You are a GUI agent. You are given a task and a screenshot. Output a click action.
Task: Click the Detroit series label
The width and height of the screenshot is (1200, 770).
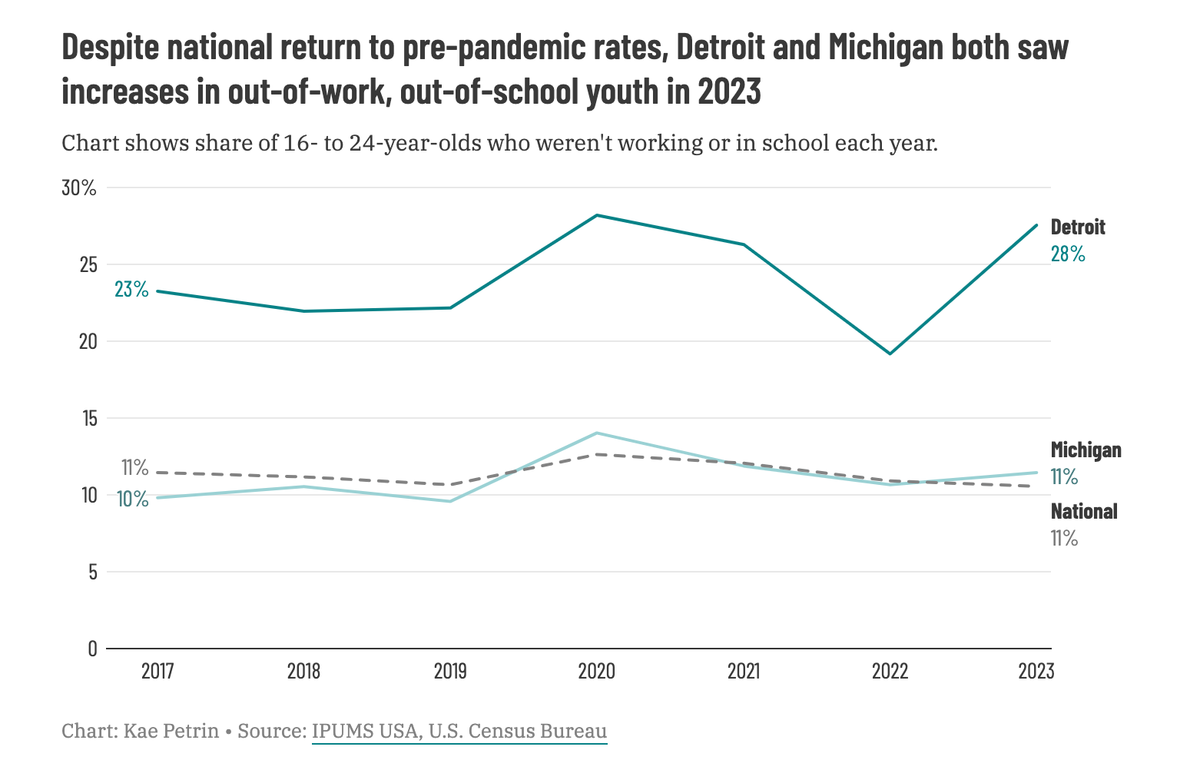click(x=1078, y=227)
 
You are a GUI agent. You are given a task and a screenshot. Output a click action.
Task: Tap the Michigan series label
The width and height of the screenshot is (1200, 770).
click(x=1086, y=450)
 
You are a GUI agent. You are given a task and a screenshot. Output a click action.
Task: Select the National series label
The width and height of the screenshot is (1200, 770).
click(x=1084, y=512)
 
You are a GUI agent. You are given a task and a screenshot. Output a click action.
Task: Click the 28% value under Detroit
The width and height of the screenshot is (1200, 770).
click(x=1068, y=254)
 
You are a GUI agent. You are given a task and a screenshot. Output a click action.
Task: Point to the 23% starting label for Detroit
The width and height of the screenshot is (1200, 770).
click(x=131, y=290)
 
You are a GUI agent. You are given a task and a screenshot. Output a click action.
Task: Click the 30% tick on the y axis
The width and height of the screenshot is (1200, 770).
click(x=79, y=188)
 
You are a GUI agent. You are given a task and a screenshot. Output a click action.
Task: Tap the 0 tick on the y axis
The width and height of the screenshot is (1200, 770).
click(x=92, y=649)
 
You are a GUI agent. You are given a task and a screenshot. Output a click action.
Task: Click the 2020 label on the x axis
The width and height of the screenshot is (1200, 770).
click(x=597, y=672)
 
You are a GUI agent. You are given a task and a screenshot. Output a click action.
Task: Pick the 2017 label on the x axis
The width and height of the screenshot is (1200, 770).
click(x=157, y=672)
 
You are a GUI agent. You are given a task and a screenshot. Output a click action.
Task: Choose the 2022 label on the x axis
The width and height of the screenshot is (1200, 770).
click(x=890, y=672)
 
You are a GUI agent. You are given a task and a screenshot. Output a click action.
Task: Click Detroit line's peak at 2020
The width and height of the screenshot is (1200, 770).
click(x=597, y=215)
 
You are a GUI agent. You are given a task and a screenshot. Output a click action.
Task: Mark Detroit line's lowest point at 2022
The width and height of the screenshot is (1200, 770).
click(x=890, y=353)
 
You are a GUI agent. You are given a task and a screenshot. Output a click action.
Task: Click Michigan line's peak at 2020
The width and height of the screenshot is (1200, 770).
click(x=597, y=433)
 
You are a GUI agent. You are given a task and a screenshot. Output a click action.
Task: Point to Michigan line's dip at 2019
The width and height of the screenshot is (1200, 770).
click(x=450, y=501)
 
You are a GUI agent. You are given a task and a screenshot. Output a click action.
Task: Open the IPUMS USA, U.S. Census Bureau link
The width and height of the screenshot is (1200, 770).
click(x=459, y=731)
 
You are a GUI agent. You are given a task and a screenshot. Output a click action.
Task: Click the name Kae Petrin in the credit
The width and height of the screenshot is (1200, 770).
click(x=173, y=731)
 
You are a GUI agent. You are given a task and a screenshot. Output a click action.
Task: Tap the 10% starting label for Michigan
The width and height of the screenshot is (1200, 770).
click(x=133, y=500)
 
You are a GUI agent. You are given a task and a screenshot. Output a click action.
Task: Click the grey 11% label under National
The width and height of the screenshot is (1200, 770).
click(x=1064, y=539)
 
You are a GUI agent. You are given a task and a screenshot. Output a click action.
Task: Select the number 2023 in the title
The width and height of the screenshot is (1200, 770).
click(x=729, y=92)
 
